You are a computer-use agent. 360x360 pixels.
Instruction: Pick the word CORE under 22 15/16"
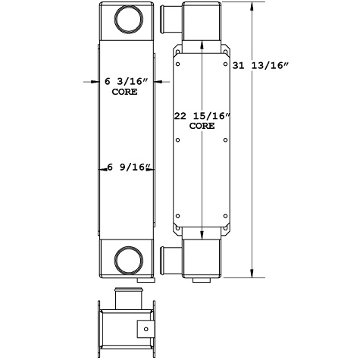pos(202,127)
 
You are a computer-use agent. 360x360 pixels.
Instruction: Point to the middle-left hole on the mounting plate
pos(177,139)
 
